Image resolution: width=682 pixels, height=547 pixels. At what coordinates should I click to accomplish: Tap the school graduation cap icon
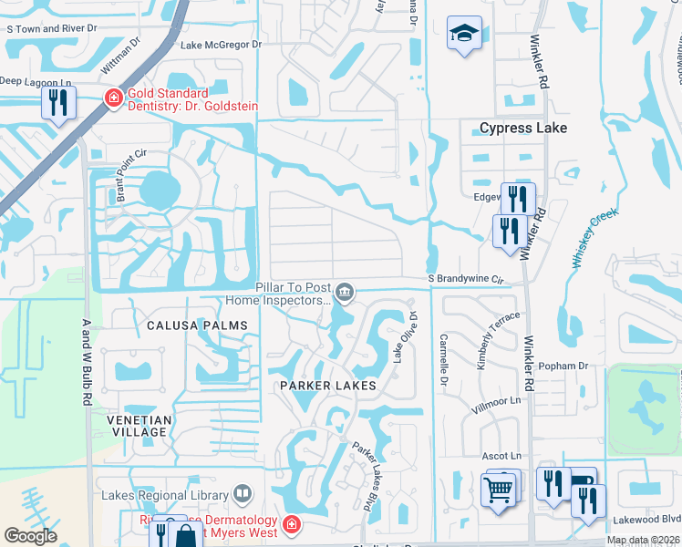point(464,35)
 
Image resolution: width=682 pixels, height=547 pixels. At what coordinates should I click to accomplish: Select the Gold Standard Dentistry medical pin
point(114,98)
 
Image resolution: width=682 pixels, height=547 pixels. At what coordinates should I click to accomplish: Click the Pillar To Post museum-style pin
point(345,293)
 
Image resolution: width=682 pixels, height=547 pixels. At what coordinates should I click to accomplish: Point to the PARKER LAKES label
point(328,387)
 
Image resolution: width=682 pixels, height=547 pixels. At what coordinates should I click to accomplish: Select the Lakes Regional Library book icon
point(243,495)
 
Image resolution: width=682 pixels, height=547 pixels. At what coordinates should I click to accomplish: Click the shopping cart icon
point(498,490)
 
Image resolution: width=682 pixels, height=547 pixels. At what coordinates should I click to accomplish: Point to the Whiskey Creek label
point(595,237)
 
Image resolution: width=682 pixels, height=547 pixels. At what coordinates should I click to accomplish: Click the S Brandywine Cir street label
point(466,279)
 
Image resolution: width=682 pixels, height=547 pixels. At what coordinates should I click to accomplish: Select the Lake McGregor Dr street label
point(221,44)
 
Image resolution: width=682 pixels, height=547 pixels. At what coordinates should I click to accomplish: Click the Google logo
point(31,536)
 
